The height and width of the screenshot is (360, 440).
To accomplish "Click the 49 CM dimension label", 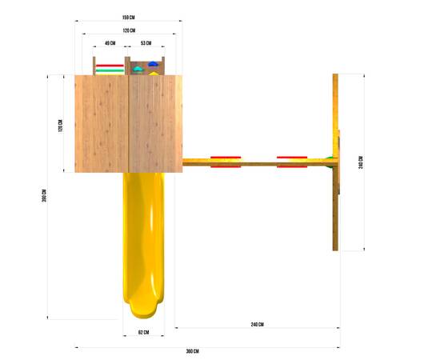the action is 110,43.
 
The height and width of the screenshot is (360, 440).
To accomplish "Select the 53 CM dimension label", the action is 146,43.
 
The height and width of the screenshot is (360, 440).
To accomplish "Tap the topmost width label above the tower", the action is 129,18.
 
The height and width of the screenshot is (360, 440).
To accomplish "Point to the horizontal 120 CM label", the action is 129,30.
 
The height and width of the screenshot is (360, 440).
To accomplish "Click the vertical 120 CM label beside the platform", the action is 60,126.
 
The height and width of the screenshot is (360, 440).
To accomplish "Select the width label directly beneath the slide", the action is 143,333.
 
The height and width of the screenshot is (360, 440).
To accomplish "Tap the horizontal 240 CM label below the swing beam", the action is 257,325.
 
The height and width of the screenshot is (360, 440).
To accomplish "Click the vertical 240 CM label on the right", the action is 361,162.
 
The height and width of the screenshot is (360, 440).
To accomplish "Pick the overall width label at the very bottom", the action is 193,351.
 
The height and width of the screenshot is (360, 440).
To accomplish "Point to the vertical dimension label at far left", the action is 44,196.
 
